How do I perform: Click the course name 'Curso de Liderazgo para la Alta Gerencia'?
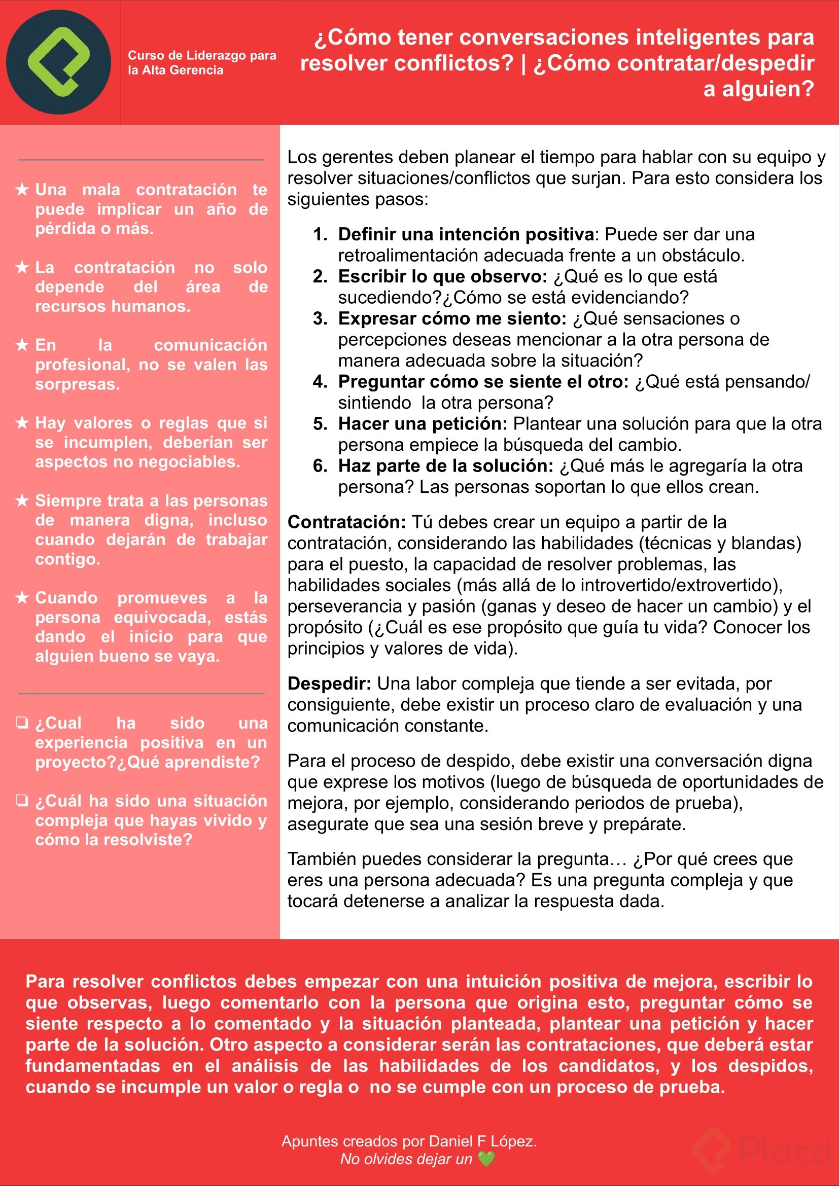coord(202,62)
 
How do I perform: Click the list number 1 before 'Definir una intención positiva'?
coord(320,234)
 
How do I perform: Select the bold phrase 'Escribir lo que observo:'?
coord(442,276)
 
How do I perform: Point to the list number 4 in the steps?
coord(320,381)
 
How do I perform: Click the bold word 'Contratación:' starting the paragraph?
coord(346,522)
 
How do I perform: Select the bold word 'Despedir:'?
coord(329,684)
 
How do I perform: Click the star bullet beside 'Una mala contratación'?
coord(22,190)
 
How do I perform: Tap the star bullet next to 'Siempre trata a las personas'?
coord(22,500)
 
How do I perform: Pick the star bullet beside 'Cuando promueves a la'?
coord(22,598)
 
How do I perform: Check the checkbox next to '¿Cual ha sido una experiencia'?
coord(22,723)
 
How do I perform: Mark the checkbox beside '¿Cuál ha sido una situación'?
coord(22,801)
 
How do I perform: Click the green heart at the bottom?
coord(486,1159)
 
